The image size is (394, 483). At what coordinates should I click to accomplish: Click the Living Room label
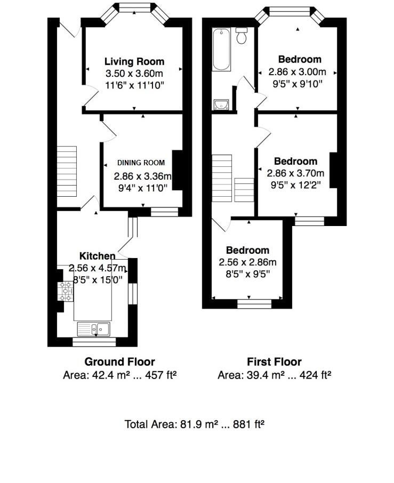pos(134,61)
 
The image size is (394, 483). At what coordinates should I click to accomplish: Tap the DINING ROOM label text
pos(141,163)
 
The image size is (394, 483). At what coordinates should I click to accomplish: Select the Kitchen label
pos(97,256)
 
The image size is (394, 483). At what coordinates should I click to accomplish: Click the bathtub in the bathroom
pos(221,50)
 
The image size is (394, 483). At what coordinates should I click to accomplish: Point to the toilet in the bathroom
pos(242,36)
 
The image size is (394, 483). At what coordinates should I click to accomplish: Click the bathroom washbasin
pos(221,104)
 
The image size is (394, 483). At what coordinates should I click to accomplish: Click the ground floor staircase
pos(67,172)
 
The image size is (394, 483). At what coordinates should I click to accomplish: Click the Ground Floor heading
pos(120,362)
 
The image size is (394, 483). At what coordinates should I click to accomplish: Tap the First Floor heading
pos(274,362)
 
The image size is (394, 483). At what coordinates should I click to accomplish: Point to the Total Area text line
pos(195,424)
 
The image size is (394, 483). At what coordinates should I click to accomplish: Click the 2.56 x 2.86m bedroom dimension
pos(247,262)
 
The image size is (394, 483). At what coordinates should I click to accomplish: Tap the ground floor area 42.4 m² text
pos(120,375)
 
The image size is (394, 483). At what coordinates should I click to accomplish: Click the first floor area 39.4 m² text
pos(274,375)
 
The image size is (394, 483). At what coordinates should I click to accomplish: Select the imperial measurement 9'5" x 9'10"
pos(295,84)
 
